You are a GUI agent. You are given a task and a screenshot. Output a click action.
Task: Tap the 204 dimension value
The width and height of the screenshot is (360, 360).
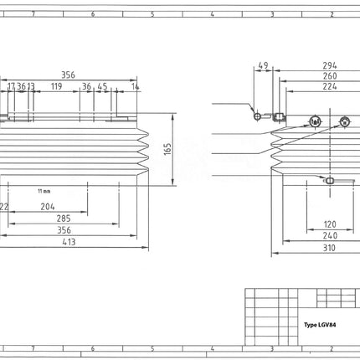tap(48, 206)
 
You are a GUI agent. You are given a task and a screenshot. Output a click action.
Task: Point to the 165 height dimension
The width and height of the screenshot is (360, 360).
tap(167, 148)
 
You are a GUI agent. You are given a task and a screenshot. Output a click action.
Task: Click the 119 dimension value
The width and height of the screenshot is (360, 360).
tap(56, 85)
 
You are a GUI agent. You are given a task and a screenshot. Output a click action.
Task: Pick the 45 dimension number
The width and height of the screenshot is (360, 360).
tap(102, 85)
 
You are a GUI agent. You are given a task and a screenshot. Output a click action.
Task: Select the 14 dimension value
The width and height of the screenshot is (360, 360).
tap(135, 85)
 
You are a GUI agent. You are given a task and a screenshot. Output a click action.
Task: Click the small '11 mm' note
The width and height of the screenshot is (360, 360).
tap(44, 190)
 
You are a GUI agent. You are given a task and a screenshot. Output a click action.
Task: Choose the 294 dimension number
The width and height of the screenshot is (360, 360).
tap(329, 64)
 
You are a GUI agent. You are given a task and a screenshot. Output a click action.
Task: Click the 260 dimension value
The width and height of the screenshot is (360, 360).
tap(329, 75)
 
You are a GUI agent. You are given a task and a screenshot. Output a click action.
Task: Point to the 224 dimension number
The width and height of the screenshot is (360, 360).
tap(329, 86)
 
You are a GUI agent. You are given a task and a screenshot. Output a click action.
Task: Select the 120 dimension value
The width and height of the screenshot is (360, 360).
tap(330, 224)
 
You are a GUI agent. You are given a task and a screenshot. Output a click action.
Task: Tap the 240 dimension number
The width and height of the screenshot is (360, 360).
tap(330, 236)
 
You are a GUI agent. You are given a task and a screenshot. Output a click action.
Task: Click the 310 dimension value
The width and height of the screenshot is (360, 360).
tap(330, 248)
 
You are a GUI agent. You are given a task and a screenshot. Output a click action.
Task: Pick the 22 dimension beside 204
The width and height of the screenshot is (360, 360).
tap(4, 206)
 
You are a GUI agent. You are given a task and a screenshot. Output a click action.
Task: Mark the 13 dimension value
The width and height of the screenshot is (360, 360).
tap(30, 85)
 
